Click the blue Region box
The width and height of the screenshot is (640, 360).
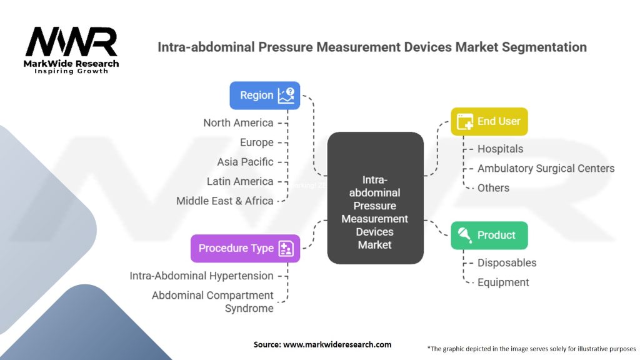(264, 96)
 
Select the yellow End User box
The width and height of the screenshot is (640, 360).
(489, 122)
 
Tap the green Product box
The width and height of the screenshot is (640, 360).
(489, 236)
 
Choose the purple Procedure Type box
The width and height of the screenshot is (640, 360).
(245, 248)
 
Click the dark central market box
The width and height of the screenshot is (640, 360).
(375, 198)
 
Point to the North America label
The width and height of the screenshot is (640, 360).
(238, 123)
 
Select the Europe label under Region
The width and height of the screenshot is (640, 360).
(257, 142)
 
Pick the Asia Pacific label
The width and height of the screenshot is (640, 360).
(245, 162)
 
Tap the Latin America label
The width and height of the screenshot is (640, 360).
(240, 182)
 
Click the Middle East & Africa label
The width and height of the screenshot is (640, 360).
(225, 201)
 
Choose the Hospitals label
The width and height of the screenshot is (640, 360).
(501, 149)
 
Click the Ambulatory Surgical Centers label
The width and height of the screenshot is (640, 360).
(546, 169)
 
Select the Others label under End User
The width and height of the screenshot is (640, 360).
(494, 188)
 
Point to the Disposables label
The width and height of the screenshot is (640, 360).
(507, 263)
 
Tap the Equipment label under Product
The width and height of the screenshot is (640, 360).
(503, 282)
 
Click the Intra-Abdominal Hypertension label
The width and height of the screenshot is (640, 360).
(202, 276)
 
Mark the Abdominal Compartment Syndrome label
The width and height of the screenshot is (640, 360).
(212, 302)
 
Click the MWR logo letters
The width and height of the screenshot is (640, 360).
(71, 42)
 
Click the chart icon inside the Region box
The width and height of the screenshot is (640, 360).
(286, 96)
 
